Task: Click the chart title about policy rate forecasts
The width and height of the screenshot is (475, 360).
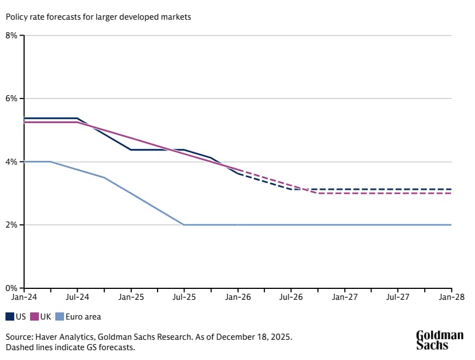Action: [99, 17]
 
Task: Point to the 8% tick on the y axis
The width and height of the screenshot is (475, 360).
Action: [13, 36]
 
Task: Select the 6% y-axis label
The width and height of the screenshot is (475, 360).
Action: [13, 99]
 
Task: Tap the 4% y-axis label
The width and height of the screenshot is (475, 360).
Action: [13, 162]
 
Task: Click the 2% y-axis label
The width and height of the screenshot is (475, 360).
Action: [13, 225]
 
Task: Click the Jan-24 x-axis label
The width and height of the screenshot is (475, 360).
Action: [24, 297]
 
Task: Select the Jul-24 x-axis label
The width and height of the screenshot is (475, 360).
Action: [77, 297]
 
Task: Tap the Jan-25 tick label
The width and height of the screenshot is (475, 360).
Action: [131, 297]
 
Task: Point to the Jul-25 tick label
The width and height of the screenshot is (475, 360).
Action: [184, 297]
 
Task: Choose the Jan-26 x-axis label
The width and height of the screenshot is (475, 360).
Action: [237, 297]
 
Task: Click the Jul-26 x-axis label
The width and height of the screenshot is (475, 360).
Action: [291, 297]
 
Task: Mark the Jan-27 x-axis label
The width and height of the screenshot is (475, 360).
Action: [344, 297]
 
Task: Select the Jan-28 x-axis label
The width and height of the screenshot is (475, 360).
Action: [451, 297]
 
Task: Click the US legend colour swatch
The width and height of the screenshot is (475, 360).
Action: [10, 317]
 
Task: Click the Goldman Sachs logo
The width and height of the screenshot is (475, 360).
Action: [439, 340]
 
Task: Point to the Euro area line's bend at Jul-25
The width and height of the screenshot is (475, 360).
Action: [184, 225]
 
